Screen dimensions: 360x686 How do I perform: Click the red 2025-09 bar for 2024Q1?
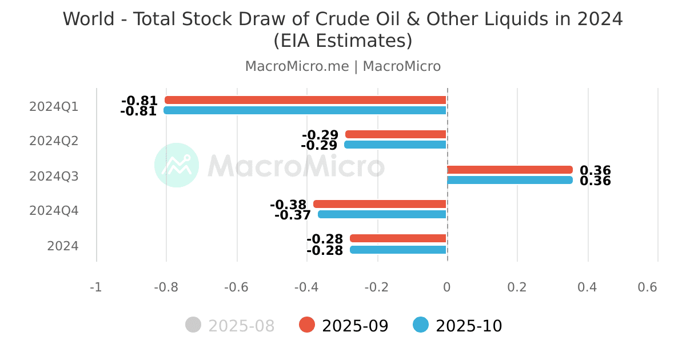(306, 100)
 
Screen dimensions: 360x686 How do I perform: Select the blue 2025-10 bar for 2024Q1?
(305, 110)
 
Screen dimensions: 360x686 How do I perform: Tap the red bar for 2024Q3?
(509, 170)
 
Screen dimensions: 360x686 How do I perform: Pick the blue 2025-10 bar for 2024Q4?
(382, 214)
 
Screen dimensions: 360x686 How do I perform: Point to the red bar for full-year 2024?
(398, 238)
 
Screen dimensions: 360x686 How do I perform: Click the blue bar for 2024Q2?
(395, 145)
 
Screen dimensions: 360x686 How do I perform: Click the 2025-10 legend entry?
(458, 326)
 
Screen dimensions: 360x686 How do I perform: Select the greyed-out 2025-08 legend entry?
(230, 326)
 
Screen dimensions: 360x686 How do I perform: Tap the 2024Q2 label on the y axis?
(54, 141)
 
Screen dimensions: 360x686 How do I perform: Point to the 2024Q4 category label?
(54, 211)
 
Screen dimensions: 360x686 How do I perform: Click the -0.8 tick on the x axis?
(166, 287)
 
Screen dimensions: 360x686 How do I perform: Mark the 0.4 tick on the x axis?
(587, 287)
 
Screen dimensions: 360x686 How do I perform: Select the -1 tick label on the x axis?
(95, 287)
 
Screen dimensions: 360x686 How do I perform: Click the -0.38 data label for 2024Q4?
(288, 205)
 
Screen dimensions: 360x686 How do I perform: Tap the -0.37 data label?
(293, 215)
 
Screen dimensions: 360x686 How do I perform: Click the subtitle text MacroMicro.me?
(297, 66)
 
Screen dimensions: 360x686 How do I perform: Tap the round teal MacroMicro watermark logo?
(177, 165)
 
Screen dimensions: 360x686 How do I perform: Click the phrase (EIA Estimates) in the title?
(343, 41)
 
